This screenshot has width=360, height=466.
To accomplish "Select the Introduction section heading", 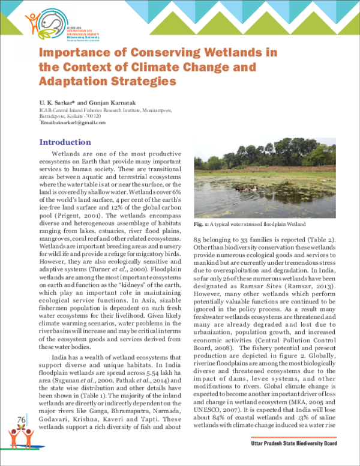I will (x=65, y=142).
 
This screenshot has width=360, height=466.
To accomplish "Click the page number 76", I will (x=22, y=419).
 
